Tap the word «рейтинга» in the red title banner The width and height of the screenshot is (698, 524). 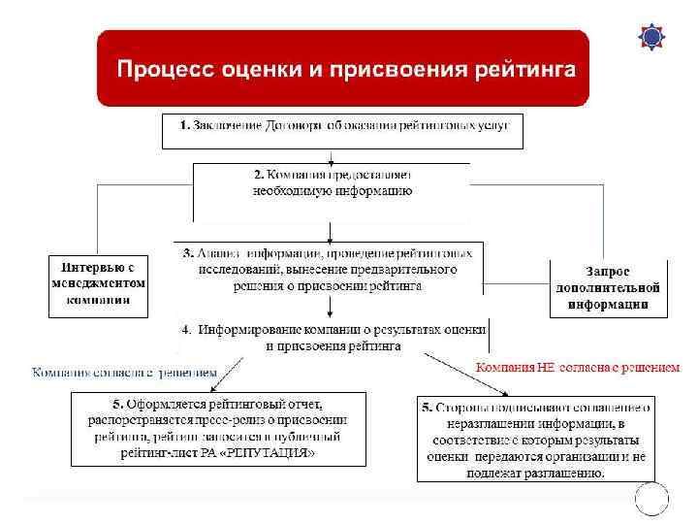tap(524, 70)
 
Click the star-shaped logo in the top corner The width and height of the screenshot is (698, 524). tap(651, 36)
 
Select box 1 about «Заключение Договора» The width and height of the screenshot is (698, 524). tap(342, 131)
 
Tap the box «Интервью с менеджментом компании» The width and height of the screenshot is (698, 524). tap(98, 285)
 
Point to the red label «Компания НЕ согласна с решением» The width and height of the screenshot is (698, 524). tap(577, 368)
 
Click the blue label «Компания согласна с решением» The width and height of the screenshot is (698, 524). tap(123, 372)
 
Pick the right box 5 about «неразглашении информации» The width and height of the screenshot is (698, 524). tap(536, 438)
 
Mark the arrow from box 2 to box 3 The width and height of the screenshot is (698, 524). tap(332, 231)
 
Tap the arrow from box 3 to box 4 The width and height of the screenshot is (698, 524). tap(332, 306)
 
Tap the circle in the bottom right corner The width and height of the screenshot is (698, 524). tap(650, 497)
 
